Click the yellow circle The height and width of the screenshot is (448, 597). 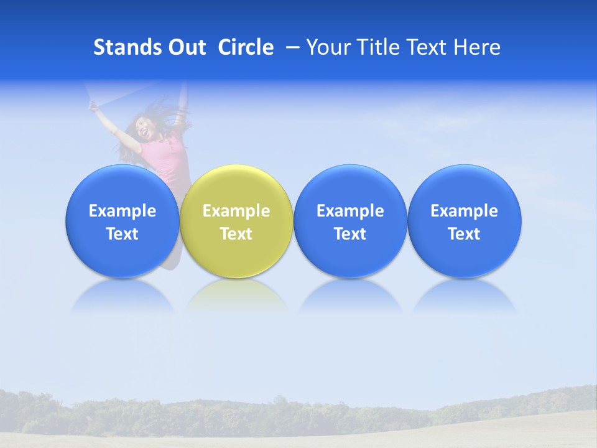point(236,221)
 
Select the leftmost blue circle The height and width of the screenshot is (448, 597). point(122,221)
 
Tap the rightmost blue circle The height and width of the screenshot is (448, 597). point(464,221)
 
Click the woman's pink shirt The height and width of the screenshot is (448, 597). point(165,159)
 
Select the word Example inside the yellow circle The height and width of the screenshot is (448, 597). point(236,211)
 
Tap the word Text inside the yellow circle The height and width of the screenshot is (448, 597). point(236,234)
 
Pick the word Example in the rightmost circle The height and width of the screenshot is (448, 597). point(464,211)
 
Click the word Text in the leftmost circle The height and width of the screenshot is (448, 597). point(122,234)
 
